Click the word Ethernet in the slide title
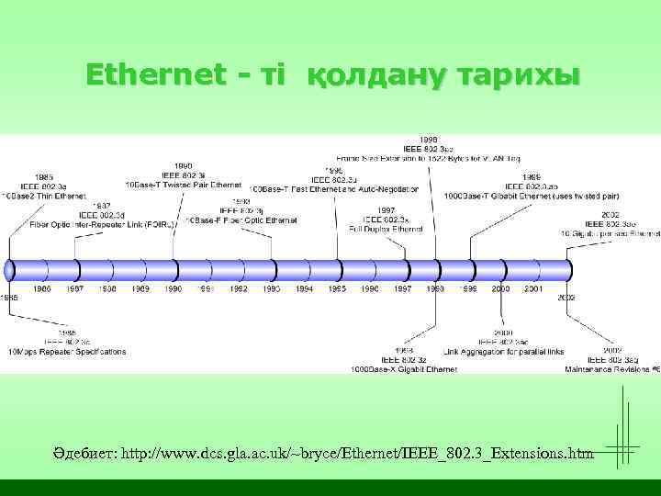[x=156, y=73]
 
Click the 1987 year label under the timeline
[x=76, y=289]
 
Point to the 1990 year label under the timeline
[x=174, y=289]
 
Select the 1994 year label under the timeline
[x=304, y=289]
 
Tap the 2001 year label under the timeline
[x=532, y=289]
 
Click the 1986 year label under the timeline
[x=43, y=289]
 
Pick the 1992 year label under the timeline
[x=239, y=289]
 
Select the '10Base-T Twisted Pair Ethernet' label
[x=184, y=184]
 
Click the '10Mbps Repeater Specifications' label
[x=66, y=352]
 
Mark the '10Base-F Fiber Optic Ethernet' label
[x=242, y=220]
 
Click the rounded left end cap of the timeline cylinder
[x=10, y=270]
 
